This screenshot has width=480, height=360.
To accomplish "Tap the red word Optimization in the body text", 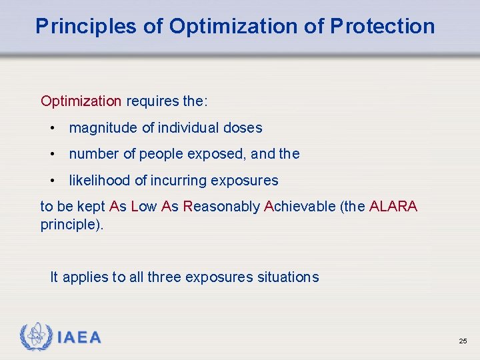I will tap(81, 101).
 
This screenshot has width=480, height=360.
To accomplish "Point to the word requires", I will tap(152, 101).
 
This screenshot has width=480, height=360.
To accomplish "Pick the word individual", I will tap(189, 128).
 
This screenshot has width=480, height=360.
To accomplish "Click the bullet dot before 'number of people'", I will tap(52, 154).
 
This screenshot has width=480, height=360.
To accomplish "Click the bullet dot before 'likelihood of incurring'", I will tap(52, 181).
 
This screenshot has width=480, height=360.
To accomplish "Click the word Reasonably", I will tap(221, 207).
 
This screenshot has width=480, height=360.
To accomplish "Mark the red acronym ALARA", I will tap(393, 207).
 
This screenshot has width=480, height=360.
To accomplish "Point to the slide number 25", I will tap(463, 341).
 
